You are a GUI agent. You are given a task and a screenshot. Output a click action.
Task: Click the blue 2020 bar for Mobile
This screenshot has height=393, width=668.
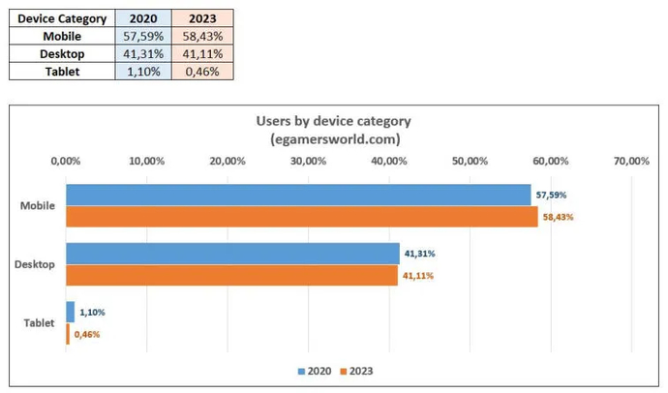click(298, 195)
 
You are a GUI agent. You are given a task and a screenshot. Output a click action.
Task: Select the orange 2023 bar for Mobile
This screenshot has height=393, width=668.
click(301, 217)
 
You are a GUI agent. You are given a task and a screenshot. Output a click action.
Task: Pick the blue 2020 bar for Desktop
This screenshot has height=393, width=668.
click(232, 254)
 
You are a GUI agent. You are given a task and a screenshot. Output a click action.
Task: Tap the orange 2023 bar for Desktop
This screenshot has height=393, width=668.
click(231, 276)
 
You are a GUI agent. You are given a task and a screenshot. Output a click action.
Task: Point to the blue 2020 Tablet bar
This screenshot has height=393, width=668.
click(70, 312)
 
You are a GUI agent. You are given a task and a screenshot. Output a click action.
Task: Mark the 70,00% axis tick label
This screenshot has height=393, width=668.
click(630, 161)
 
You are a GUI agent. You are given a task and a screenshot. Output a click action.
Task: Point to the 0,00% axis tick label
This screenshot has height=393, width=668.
click(65, 161)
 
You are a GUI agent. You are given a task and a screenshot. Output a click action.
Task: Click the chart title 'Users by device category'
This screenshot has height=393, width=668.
click(333, 121)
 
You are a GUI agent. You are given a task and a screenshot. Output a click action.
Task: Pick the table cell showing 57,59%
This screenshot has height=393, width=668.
click(142, 36)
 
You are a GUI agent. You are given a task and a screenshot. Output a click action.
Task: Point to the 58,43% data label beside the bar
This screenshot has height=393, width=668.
click(558, 217)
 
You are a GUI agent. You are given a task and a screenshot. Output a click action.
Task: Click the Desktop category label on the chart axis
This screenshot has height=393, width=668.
click(38, 264)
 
